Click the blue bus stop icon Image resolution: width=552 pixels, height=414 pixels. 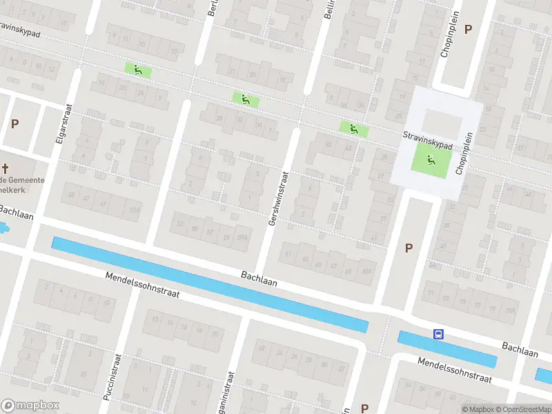438,334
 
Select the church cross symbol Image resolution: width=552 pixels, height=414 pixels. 5,168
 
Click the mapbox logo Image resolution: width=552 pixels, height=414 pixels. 30,406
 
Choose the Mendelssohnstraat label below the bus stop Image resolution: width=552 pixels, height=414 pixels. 455,370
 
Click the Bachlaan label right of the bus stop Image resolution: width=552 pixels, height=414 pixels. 520,349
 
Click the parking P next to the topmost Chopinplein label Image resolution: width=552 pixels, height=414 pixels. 469,29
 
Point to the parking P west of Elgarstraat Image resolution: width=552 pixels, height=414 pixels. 14,124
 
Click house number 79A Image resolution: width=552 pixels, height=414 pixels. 509,311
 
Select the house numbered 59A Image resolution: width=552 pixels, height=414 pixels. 243,238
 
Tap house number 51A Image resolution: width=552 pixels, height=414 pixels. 136,210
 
